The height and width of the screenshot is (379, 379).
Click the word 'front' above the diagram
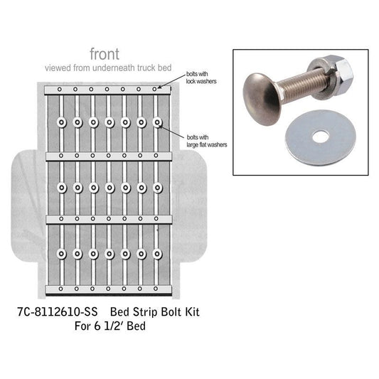pyautogui.click(x=105, y=54)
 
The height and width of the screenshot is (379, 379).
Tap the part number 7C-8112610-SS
pyautogui.click(x=57, y=312)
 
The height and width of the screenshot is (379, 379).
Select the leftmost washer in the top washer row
pyautogui.click(x=62, y=123)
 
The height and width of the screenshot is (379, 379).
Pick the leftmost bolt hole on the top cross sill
pyautogui.click(x=61, y=90)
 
